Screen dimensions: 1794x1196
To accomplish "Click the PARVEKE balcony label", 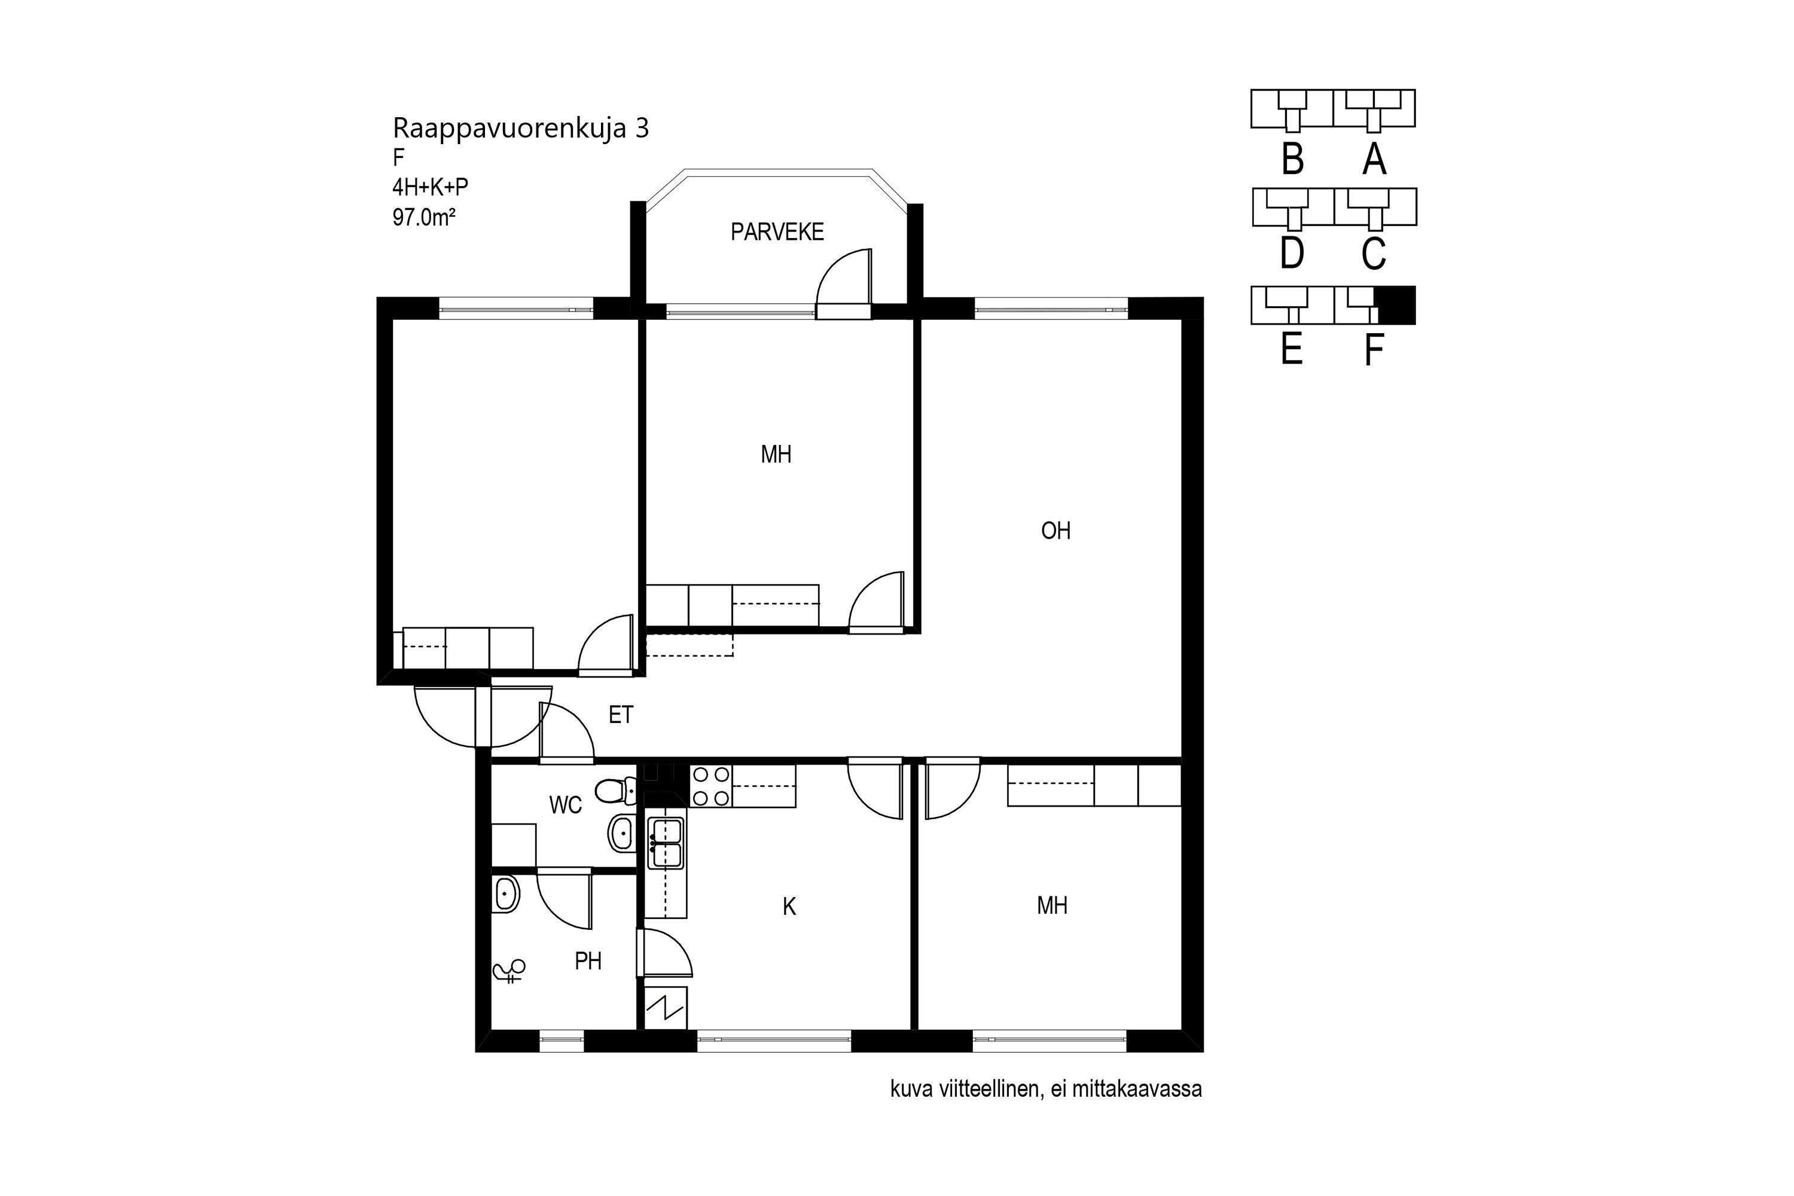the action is tap(777, 232).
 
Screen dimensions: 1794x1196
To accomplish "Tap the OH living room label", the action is tap(1055, 531).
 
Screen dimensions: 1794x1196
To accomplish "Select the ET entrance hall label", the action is tap(621, 715).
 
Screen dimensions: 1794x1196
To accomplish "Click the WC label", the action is tap(565, 805).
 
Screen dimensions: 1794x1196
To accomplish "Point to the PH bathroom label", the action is tap(588, 961).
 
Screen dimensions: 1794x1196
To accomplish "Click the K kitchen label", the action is tap(789, 907).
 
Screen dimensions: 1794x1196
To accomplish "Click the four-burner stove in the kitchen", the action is tap(710, 786).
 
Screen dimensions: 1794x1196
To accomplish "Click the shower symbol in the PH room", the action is tap(509, 969).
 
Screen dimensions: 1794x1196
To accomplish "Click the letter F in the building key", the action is tap(1373, 352).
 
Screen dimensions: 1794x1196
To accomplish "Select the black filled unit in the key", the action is tap(1395, 305).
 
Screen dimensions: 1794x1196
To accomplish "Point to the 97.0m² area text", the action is tap(424, 218).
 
